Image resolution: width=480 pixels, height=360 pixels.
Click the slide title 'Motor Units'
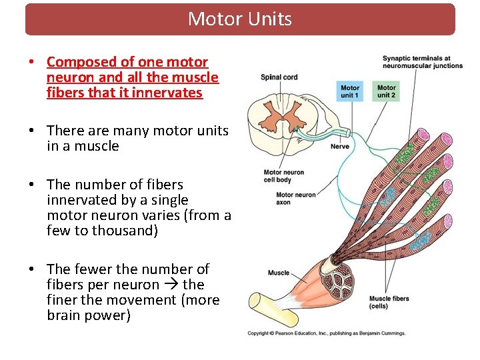[240, 19]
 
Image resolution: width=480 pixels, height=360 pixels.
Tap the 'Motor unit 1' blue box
[350, 91]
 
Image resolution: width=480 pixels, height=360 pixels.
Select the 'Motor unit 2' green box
[386, 91]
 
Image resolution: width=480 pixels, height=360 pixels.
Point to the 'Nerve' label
[339, 147]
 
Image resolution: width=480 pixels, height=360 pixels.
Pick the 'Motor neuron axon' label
[295, 199]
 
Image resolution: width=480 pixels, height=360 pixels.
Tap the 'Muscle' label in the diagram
[279, 273]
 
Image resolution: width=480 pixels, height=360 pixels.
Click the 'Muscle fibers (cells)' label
[389, 302]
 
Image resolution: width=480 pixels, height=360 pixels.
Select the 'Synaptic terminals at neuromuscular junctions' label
[422, 62]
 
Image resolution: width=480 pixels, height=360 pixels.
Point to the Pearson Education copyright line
[326, 333]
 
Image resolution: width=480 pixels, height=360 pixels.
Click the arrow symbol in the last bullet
[171, 285]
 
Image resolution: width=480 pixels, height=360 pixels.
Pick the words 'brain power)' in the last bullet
[89, 315]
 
